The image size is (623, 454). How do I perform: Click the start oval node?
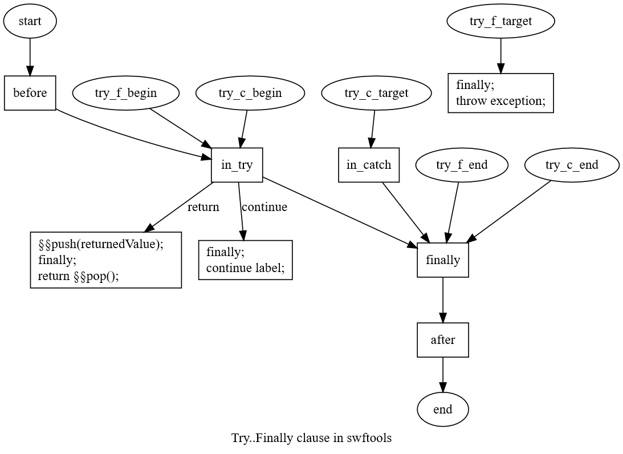30,21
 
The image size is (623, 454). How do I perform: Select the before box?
30,92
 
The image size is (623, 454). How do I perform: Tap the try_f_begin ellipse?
126,92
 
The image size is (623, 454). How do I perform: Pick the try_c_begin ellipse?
250,92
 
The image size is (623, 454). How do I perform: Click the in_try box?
237,165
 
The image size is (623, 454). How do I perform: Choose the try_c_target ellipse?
376,92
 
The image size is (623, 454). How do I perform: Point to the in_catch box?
369,165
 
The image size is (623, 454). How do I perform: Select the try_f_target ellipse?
500,21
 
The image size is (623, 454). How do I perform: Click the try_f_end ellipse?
462,165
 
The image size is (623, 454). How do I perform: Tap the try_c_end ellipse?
572,165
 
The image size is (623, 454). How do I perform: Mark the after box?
443,340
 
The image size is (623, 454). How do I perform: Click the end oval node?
443,410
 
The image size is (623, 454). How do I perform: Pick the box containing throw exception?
500,93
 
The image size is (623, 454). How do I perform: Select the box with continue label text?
246,260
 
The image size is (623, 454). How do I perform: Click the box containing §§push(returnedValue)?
106,260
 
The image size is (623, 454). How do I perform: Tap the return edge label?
203,206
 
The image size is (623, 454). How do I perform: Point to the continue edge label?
264,206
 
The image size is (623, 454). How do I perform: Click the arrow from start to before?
30,57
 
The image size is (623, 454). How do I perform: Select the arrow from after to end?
443,375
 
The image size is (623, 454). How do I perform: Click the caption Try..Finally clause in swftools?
311,437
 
